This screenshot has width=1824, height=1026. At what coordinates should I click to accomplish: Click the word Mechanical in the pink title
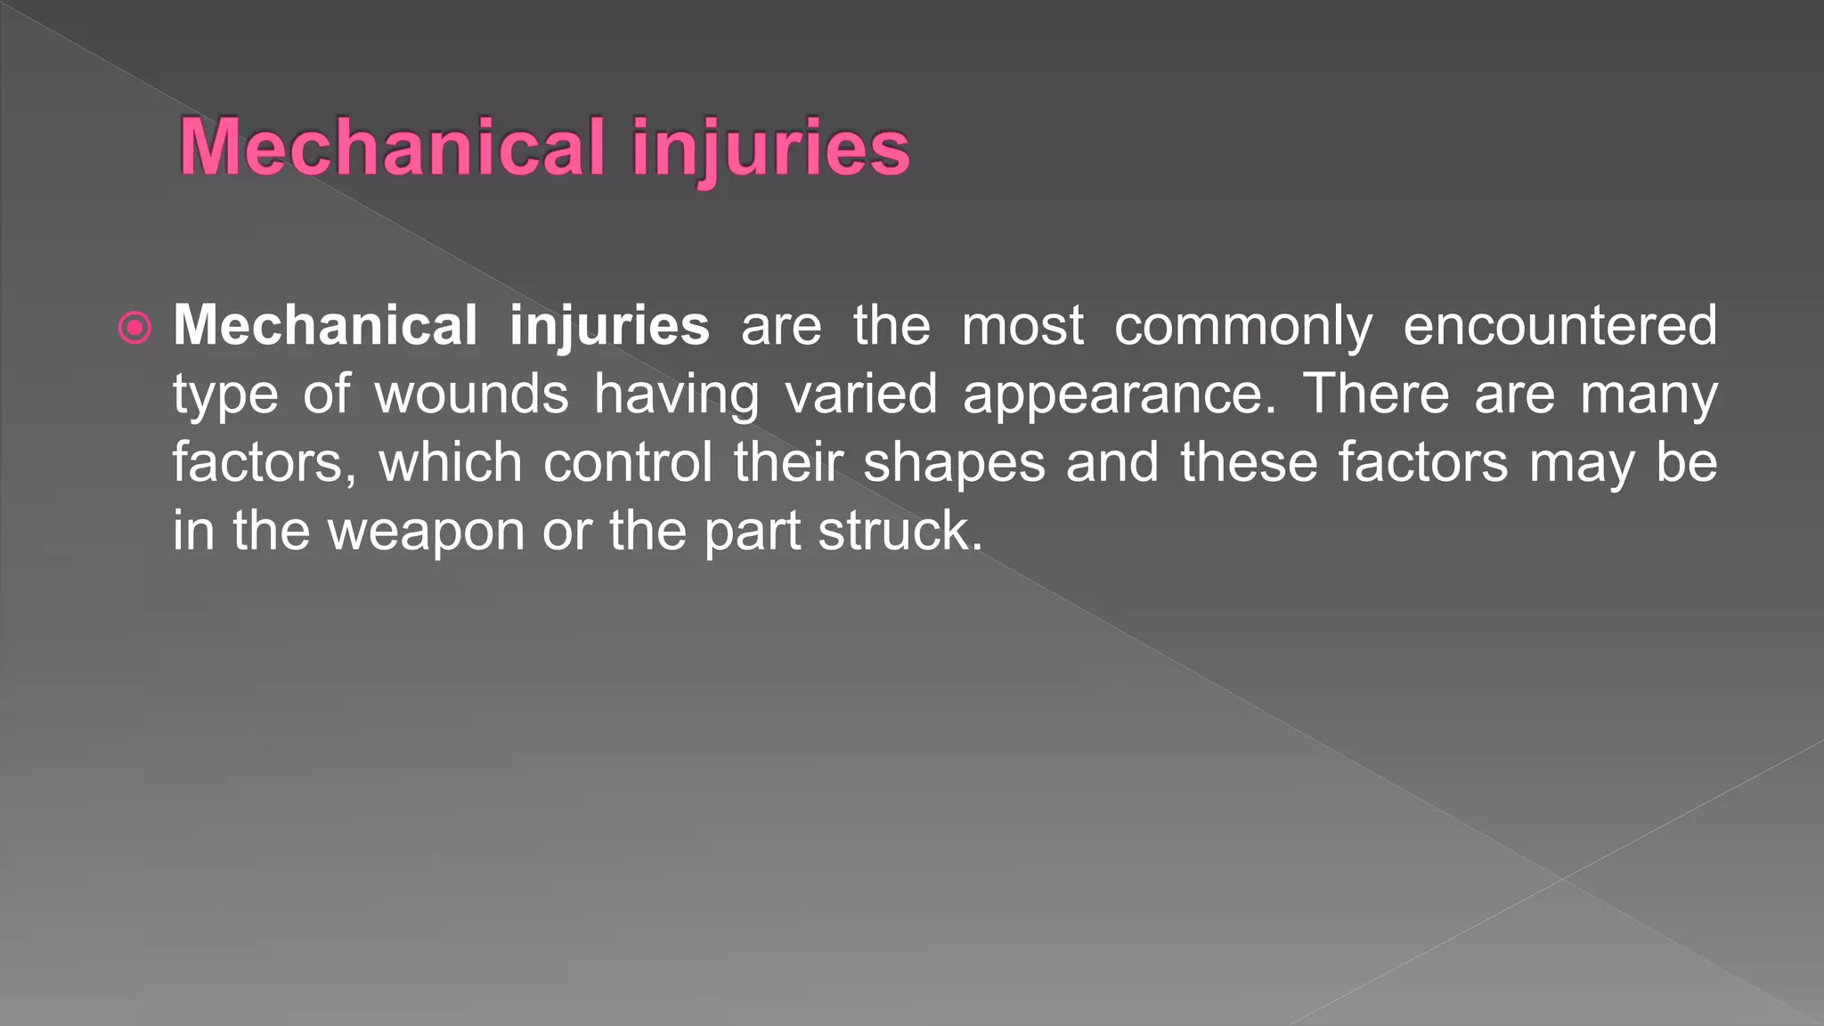[392, 147]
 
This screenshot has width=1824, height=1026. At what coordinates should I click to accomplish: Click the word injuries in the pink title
[770, 149]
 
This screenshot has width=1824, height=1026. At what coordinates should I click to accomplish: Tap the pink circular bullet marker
[134, 329]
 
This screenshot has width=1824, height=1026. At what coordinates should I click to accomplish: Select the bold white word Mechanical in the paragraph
[325, 325]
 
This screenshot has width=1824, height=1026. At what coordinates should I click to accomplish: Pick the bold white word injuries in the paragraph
[609, 327]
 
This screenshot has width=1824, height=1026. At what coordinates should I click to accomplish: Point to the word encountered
[1559, 325]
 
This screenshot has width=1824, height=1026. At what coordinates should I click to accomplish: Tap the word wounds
[471, 394]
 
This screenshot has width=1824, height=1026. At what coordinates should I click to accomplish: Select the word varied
[861, 394]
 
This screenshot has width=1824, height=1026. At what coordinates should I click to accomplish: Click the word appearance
[1120, 395]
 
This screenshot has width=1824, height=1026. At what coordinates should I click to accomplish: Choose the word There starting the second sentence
[1376, 394]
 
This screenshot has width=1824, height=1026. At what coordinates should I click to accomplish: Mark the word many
[1649, 395]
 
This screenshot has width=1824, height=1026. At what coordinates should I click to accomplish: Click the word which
[451, 462]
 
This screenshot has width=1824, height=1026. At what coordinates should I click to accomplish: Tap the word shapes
[954, 464]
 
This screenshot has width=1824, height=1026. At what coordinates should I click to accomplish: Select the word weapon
[427, 533]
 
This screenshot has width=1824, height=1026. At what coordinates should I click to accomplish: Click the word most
[1022, 325]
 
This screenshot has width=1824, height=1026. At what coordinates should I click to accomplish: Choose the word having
[677, 395]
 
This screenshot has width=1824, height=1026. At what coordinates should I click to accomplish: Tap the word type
[225, 395]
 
